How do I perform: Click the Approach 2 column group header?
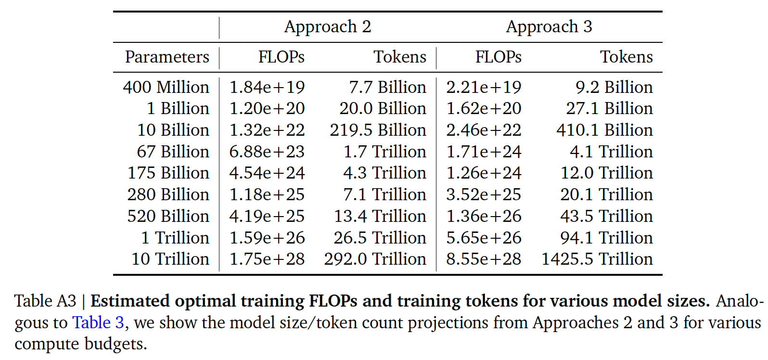pos(328,27)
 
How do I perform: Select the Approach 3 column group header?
pos(549,27)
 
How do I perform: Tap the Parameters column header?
pos(167,57)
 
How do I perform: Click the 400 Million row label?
pos(166,88)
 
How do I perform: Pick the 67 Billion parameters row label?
pos(173,152)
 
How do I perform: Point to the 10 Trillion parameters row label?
pos(170,259)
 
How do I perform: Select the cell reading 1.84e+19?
pos(267,88)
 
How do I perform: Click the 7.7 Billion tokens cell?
pos(387,88)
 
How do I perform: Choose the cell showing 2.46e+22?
pos(484,130)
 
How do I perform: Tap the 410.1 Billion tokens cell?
pos(604,130)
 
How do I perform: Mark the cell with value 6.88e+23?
pos(267,152)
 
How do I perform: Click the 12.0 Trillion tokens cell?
pos(606,173)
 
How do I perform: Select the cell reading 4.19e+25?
pos(267,217)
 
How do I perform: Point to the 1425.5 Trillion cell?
pos(597,259)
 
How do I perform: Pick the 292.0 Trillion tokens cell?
pos(375,259)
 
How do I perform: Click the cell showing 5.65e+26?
pos(484,238)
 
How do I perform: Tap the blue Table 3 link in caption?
pos(98,322)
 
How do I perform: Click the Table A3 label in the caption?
pos(45,301)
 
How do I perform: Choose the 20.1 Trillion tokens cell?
pos(606,195)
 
